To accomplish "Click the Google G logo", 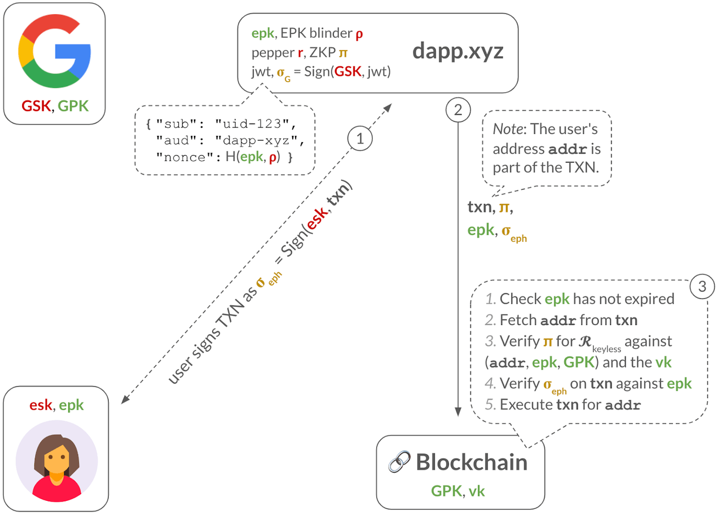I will point(55,52).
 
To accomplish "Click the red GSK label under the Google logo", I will point(36,105).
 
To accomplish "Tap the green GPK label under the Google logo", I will point(73,105).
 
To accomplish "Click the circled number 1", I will point(360,138).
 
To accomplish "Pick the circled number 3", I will point(702,286).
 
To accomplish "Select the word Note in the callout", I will point(507,129).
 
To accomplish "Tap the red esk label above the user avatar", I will point(41,405).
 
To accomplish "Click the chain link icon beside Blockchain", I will point(399,463).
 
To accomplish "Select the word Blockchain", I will point(472,462).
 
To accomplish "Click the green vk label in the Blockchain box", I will point(477,491).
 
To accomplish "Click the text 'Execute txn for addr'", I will point(570,405).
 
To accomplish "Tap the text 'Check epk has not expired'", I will point(587,299).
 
